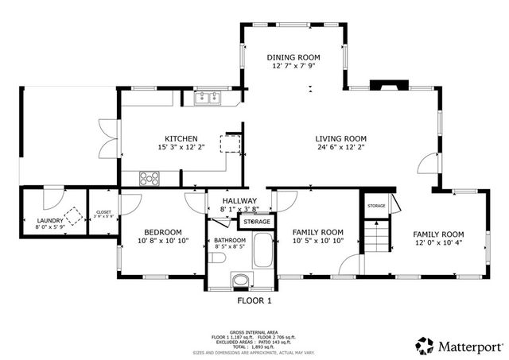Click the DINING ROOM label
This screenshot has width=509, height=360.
pyautogui.click(x=293, y=56)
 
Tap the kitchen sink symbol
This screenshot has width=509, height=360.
pyautogui.click(x=208, y=98)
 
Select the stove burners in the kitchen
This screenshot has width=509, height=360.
pyautogui.click(x=150, y=177)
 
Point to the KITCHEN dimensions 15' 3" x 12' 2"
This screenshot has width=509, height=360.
pyautogui.click(x=181, y=148)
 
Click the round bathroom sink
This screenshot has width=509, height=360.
pyautogui.click(x=239, y=280)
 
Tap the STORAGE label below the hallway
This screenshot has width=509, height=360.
pyautogui.click(x=256, y=221)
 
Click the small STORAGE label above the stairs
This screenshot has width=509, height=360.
pyautogui.click(x=376, y=206)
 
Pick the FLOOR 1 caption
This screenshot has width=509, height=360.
pyautogui.click(x=254, y=301)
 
